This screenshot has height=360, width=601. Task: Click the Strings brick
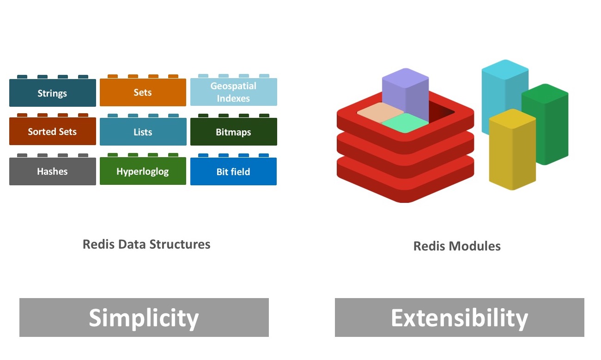(52, 93)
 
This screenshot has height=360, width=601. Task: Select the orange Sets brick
(143, 92)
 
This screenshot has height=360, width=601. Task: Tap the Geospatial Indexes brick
(233, 92)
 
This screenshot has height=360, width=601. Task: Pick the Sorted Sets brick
(52, 132)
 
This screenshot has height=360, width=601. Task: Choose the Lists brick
(143, 132)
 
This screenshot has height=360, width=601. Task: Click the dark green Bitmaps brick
(233, 132)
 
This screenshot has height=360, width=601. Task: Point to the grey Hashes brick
(52, 171)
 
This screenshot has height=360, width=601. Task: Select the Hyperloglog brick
(143, 171)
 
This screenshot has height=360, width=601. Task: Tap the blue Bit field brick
(233, 172)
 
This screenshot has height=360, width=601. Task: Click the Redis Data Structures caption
(146, 244)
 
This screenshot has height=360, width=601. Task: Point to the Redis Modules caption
(457, 246)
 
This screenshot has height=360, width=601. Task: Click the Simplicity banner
(144, 317)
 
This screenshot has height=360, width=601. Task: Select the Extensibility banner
(459, 317)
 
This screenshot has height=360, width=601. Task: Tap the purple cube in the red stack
(406, 95)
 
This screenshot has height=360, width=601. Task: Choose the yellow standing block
(512, 150)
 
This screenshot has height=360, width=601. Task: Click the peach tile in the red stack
(375, 113)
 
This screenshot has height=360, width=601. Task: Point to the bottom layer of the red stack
(406, 185)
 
